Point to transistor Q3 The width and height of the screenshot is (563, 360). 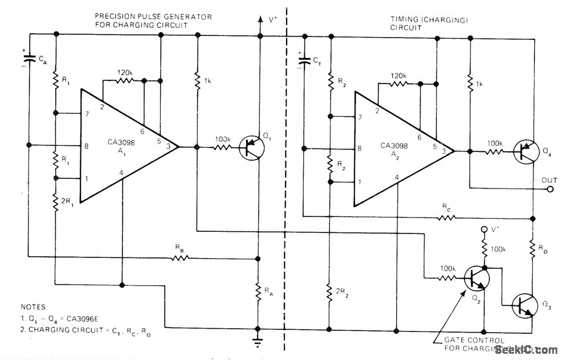tap(524, 304)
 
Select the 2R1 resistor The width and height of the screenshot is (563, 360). tap(56, 202)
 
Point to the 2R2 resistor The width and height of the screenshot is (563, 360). tap(329, 292)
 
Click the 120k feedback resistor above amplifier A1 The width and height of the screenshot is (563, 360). tap(124, 81)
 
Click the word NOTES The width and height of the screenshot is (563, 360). tap(33, 306)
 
